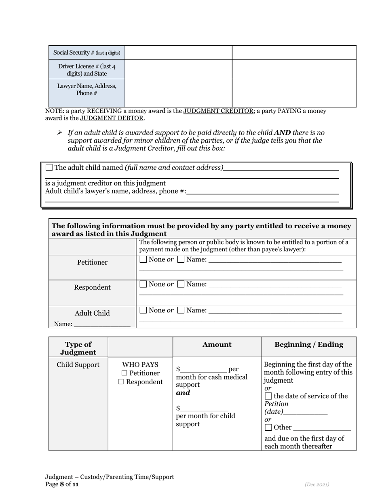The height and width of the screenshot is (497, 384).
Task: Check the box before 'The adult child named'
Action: [x=49, y=167]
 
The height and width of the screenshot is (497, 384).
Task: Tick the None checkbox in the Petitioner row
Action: [x=143, y=259]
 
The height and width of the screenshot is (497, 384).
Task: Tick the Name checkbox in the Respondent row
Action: [x=181, y=284]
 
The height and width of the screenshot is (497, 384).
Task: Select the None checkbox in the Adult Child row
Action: [x=143, y=310]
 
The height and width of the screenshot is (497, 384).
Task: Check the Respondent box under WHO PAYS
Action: [x=121, y=382]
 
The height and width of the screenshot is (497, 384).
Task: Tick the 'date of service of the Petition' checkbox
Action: [x=268, y=396]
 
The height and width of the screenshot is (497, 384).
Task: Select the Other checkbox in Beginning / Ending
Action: [x=268, y=428]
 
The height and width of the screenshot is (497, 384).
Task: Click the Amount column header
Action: [x=217, y=345]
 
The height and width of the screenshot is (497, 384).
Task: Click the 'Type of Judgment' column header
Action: [x=78, y=348]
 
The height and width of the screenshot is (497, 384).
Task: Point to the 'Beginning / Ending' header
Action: [x=308, y=345]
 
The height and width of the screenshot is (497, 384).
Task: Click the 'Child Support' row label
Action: [x=78, y=365]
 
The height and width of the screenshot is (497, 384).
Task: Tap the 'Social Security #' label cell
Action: [x=87, y=53]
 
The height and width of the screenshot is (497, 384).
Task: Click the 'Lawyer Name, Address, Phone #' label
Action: [x=87, y=89]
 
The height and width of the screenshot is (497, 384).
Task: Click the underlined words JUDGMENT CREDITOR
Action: [x=218, y=111]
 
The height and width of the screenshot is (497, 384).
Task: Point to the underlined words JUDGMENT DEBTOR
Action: [x=112, y=118]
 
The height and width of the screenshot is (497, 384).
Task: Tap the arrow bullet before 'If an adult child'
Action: [x=59, y=133]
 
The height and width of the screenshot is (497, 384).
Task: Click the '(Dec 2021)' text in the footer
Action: [x=317, y=484]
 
